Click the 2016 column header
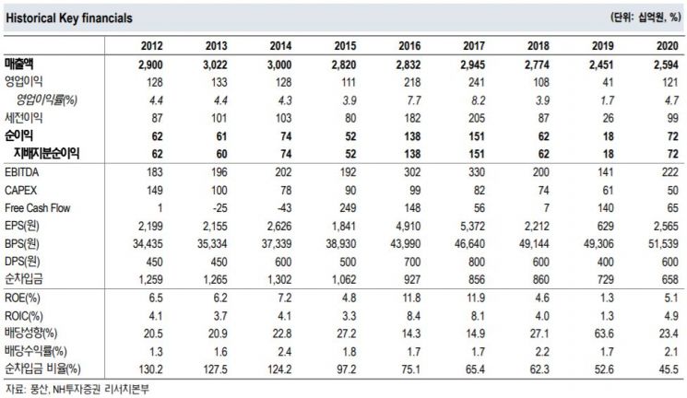(x=409, y=46)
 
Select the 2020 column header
(x=668, y=46)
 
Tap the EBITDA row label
(x=21, y=172)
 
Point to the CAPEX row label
(x=20, y=191)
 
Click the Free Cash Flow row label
(x=37, y=208)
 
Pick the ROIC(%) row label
(x=24, y=316)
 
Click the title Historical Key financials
(x=69, y=18)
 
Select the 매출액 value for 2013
(x=215, y=64)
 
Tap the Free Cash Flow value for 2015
(x=348, y=208)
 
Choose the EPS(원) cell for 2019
(x=605, y=227)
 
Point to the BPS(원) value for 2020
(x=663, y=244)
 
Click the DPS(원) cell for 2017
(x=476, y=262)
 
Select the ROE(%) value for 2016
(x=411, y=298)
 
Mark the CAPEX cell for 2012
(x=154, y=191)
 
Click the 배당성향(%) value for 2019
(x=604, y=334)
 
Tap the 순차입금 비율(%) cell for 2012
(x=150, y=369)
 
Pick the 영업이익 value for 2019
(x=608, y=82)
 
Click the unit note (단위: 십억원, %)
(x=646, y=18)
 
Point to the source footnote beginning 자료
(x=77, y=389)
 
